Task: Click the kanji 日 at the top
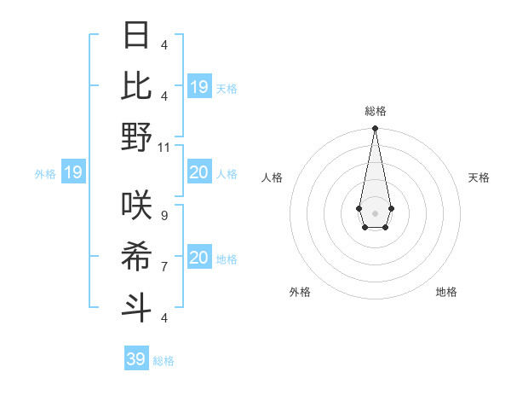[x=136, y=36]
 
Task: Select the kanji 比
[x=136, y=86]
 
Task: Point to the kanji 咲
[x=136, y=205]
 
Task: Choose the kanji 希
[x=136, y=256]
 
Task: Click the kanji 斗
[x=136, y=307]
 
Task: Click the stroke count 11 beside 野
[x=165, y=147]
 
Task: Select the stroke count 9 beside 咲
[x=164, y=215]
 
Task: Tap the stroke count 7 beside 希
[x=164, y=266]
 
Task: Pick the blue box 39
[x=136, y=359]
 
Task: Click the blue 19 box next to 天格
[x=199, y=87]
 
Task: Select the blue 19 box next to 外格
[x=73, y=173]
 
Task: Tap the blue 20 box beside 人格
[x=199, y=173]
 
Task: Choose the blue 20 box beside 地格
[x=199, y=258]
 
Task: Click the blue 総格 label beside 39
[x=164, y=361]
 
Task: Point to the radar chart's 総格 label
[x=375, y=111]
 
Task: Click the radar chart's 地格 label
[x=446, y=292]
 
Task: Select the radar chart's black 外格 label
[x=300, y=292]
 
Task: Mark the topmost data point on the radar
[x=375, y=129]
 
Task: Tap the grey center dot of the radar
[x=375, y=212]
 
